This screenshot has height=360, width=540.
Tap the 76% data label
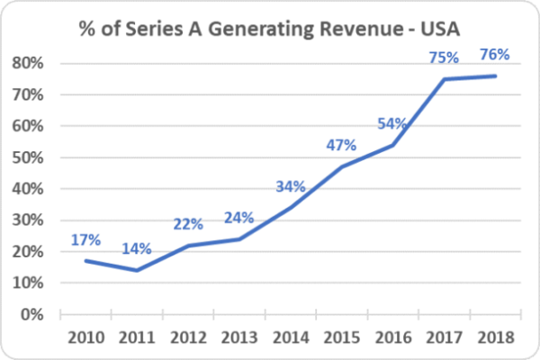click(x=494, y=54)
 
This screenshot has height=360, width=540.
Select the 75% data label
click(x=444, y=58)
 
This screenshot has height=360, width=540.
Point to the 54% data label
click(x=392, y=122)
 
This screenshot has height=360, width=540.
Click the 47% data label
click(x=340, y=145)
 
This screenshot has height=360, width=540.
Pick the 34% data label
click(x=290, y=186)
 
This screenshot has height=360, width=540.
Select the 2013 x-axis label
click(x=238, y=337)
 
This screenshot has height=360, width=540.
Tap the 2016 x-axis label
click(x=391, y=337)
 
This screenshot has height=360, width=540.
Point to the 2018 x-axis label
click(x=494, y=337)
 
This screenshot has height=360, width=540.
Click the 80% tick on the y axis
click(x=31, y=63)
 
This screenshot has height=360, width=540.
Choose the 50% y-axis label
click(x=31, y=157)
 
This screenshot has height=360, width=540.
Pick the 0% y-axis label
click(x=34, y=315)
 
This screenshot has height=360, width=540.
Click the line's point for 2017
click(x=444, y=79)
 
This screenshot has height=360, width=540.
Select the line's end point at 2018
click(x=495, y=76)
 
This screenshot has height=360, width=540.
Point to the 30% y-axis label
click(x=31, y=220)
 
